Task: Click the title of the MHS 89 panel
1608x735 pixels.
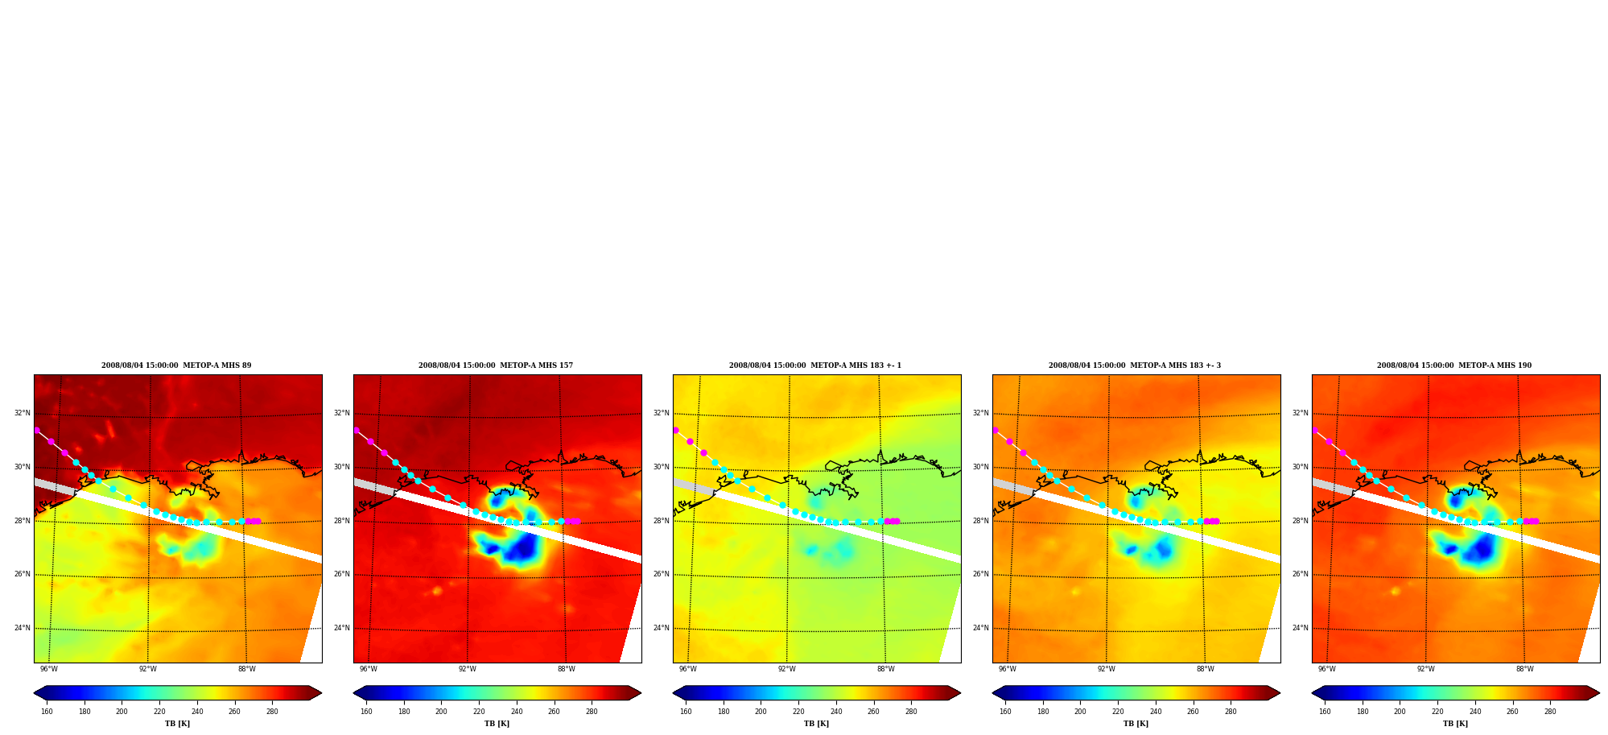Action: click(176, 365)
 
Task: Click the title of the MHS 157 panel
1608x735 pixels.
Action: click(496, 365)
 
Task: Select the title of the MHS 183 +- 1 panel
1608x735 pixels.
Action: click(815, 365)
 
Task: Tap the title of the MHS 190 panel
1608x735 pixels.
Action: click(1454, 365)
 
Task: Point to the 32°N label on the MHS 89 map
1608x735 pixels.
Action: click(22, 414)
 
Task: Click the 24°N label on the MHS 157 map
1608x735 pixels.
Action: click(341, 629)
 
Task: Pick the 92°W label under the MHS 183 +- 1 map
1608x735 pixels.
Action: click(787, 669)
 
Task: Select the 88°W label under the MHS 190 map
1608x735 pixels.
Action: click(1525, 669)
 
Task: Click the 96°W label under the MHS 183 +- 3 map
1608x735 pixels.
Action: click(1008, 669)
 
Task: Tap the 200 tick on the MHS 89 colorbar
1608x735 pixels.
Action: click(122, 712)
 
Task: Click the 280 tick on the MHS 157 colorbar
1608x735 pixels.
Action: click(592, 712)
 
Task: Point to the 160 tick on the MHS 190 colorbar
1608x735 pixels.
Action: click(1325, 712)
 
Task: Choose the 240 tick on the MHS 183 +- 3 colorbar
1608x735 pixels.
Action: click(1156, 712)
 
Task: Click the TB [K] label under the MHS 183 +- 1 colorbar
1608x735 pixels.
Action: click(816, 724)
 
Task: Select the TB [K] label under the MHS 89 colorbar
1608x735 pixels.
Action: click(177, 724)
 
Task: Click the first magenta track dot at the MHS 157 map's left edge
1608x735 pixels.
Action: click(357, 431)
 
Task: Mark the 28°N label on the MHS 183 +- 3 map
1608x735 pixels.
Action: click(980, 522)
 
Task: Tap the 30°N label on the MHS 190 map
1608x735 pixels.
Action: click(1300, 468)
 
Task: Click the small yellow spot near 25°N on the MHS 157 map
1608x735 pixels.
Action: click(437, 591)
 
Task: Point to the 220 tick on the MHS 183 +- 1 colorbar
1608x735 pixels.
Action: click(798, 712)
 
